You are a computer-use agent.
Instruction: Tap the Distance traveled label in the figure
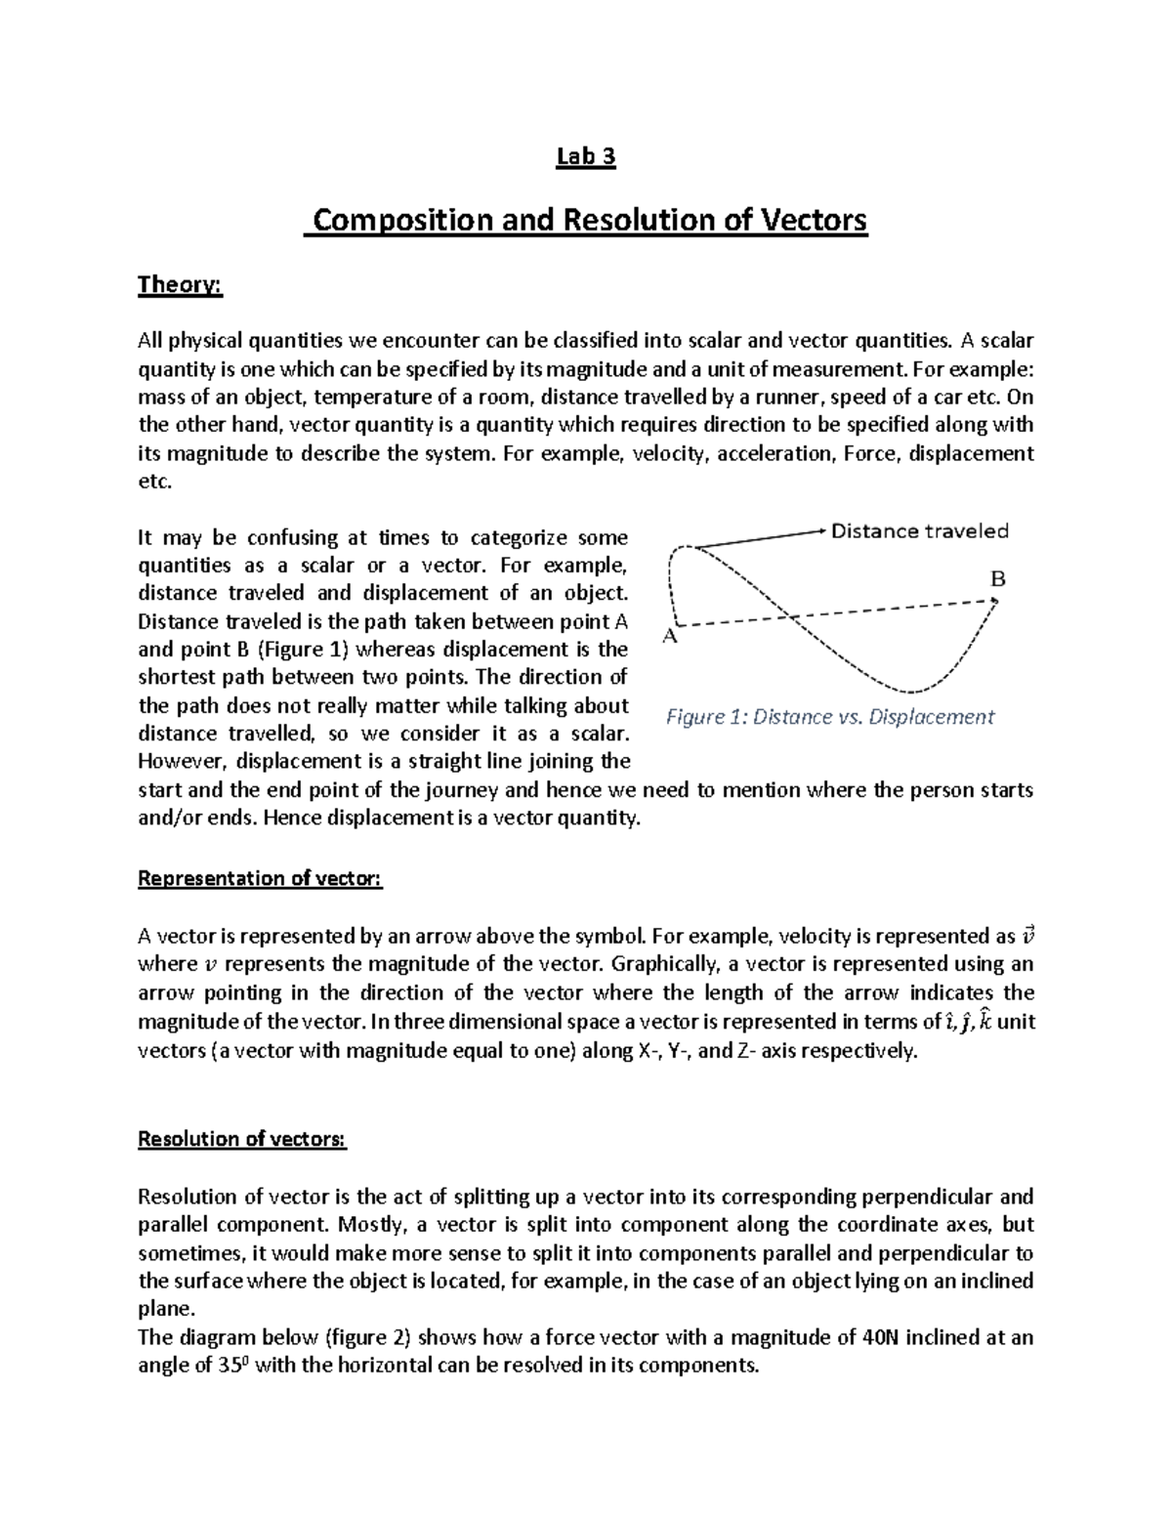[919, 531]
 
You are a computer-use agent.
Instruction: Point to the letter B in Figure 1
[997, 579]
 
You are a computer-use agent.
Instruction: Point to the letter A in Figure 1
[669, 636]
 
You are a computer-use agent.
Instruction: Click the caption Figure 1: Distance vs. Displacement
[829, 717]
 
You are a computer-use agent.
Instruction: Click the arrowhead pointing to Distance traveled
[821, 531]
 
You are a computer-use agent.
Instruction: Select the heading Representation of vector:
[261, 878]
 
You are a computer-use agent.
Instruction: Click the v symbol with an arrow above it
[1025, 935]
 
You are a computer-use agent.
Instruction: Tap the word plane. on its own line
[161, 1309]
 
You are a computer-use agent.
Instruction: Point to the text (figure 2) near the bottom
[370, 1337]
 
